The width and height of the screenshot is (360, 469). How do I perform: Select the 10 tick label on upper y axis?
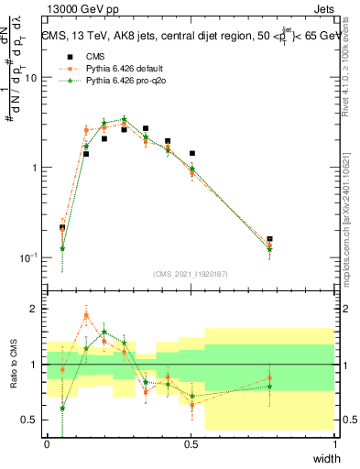[x=31, y=78]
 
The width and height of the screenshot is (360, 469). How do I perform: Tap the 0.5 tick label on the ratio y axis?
[x=30, y=420]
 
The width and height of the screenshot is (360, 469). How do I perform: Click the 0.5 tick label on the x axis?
[x=191, y=444]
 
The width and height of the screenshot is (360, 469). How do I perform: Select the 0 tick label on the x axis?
[x=48, y=444]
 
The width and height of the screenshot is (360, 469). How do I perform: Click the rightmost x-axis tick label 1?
[x=335, y=444]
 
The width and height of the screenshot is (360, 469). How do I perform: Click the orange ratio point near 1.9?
[x=86, y=316]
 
